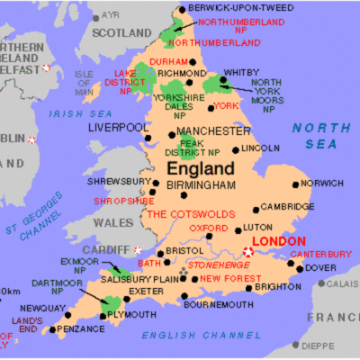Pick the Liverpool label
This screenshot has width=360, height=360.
pyautogui.click(x=117, y=128)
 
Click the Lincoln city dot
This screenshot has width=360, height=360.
pyautogui.click(x=236, y=149)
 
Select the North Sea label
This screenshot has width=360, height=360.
pyautogui.click(x=319, y=136)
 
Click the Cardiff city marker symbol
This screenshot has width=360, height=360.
pyautogui.click(x=138, y=250)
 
